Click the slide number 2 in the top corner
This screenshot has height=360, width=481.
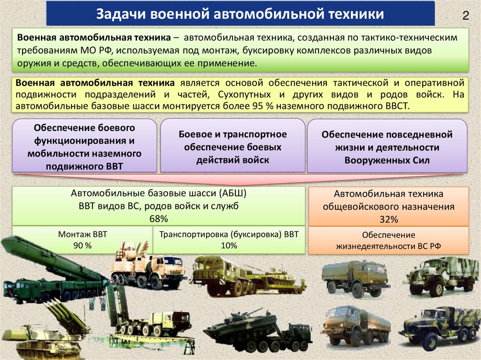pyautogui.click(x=465, y=15)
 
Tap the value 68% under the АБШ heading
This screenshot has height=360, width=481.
pyautogui.click(x=159, y=219)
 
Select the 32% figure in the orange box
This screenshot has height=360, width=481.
pyautogui.click(x=388, y=219)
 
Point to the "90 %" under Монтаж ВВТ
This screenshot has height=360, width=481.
pyautogui.click(x=82, y=245)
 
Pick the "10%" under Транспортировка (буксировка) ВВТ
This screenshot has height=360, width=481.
pyautogui.click(x=229, y=245)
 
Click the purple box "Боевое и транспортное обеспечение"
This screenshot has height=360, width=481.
pyautogui.click(x=233, y=146)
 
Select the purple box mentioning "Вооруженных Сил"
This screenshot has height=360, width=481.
pyautogui.click(x=387, y=146)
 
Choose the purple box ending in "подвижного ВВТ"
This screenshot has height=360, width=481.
pyautogui.click(x=85, y=146)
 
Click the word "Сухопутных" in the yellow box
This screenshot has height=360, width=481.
pyautogui.click(x=244, y=94)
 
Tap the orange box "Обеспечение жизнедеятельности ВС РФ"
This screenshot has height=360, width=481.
pyautogui.click(x=388, y=241)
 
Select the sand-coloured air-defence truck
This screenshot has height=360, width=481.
pyautogui.click(x=148, y=265)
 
